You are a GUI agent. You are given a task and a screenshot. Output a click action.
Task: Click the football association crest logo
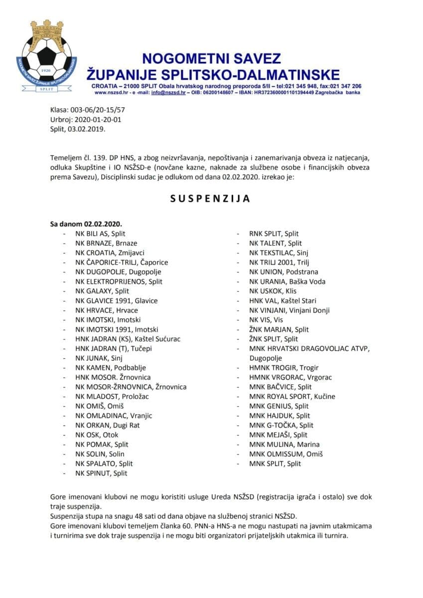(x=47, y=57)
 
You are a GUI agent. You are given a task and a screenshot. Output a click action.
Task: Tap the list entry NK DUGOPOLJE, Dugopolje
(x=118, y=272)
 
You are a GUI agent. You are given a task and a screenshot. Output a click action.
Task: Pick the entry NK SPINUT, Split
(x=101, y=473)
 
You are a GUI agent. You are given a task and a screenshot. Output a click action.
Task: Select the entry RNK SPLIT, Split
(x=274, y=234)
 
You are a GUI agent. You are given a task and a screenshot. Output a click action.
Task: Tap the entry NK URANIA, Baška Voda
(x=287, y=282)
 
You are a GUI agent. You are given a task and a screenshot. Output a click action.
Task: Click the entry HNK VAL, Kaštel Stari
(x=282, y=300)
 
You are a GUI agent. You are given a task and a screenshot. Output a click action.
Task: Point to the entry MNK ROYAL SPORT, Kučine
(x=292, y=397)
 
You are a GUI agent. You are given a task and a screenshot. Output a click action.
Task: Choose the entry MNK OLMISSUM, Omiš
(x=286, y=454)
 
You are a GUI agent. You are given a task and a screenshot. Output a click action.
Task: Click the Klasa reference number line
(x=88, y=111)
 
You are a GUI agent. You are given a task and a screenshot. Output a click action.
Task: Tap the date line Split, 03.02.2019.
(x=78, y=129)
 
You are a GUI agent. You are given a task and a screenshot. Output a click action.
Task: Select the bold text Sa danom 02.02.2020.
(x=86, y=224)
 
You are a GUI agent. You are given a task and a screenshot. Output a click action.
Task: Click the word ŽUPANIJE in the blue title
(x=127, y=75)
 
